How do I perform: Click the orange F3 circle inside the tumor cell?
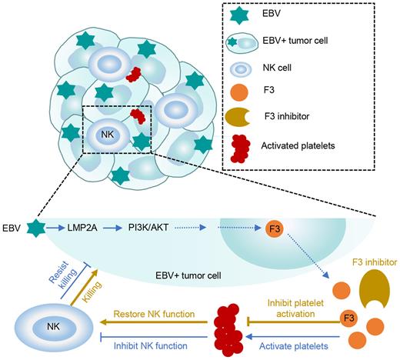(x=273, y=229)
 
